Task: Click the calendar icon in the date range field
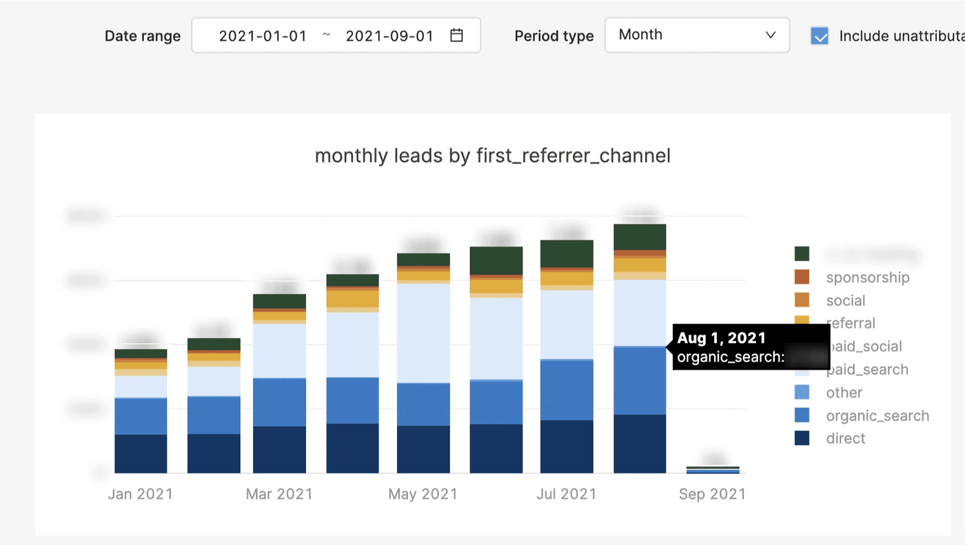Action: [x=456, y=35]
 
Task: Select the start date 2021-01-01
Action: [x=263, y=36]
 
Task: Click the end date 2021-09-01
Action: [x=389, y=36]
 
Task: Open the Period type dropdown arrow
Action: [x=771, y=35]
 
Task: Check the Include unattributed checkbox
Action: [x=820, y=36]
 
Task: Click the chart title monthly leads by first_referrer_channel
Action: [x=492, y=156]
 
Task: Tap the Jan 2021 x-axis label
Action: [x=141, y=494]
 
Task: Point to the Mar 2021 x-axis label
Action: [x=279, y=494]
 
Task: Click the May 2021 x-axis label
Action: [x=423, y=494]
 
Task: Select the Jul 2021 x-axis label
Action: [x=567, y=494]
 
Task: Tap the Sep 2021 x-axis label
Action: [x=712, y=494]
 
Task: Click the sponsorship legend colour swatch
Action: [x=802, y=277]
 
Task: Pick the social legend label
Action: [x=845, y=300]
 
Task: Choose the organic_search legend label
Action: [x=877, y=415]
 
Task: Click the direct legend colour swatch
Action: [x=802, y=438]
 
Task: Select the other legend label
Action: [x=844, y=393]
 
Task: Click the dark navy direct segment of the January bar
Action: [x=141, y=453]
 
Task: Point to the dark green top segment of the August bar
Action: [x=640, y=237]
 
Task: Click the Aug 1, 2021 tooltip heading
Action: [x=721, y=338]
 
